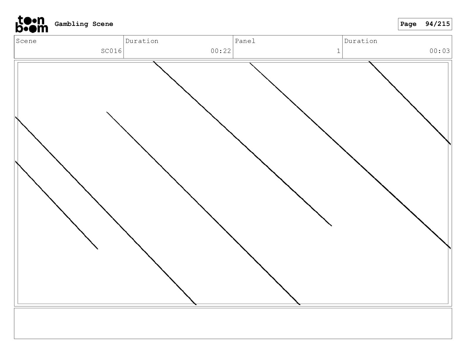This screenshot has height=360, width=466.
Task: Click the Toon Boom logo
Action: [x=31, y=24]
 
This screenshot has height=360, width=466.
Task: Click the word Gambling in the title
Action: [x=71, y=24]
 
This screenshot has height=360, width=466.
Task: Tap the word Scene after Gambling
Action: [x=103, y=24]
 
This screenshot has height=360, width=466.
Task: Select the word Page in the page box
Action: [x=408, y=24]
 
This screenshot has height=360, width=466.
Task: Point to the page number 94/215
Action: [x=437, y=24]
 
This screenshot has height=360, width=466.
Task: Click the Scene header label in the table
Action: [x=26, y=41]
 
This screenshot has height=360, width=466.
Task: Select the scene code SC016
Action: [x=111, y=51]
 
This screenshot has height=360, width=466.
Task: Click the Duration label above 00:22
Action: [x=142, y=41]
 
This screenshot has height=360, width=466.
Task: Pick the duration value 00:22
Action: [x=221, y=51]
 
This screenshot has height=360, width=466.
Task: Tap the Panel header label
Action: [x=245, y=41]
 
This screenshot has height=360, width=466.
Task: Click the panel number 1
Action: [x=338, y=51]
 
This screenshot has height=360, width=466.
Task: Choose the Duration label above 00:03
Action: [x=361, y=41]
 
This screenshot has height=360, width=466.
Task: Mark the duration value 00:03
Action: [x=440, y=51]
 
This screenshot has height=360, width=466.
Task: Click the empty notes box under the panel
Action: [x=233, y=324]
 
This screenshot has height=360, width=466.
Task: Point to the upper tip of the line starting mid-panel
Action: [x=107, y=112]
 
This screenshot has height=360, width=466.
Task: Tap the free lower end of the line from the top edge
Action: [x=331, y=226]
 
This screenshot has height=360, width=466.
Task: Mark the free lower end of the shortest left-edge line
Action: [x=97, y=249]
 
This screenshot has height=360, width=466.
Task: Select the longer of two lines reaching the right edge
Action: [x=350, y=155]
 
